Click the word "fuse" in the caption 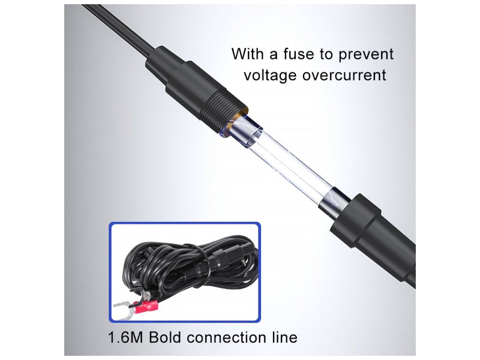299,54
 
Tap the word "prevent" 365,54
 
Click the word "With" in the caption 248,54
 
